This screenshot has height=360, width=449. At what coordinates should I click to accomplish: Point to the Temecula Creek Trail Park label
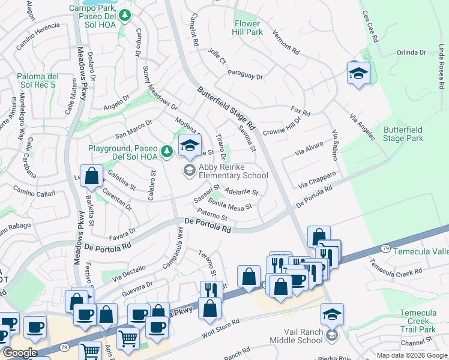[x=418, y=322]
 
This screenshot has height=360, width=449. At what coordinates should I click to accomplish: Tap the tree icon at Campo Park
[x=125, y=16]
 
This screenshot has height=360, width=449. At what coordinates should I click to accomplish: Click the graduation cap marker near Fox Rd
[x=358, y=74]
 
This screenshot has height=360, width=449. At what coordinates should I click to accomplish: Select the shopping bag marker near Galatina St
[x=91, y=176]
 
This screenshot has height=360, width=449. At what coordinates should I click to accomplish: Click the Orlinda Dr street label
[x=411, y=52]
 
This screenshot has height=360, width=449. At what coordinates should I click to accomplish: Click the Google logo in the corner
[x=20, y=353]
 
